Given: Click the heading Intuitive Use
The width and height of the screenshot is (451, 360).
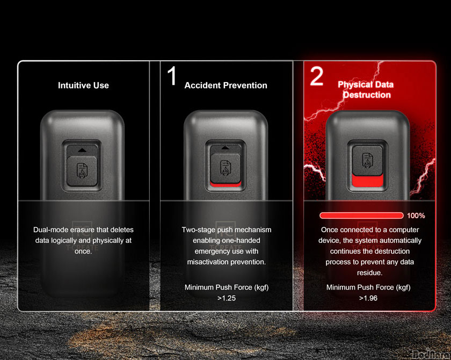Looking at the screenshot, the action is (83, 85).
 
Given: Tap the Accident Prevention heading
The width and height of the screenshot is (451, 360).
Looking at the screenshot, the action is (226, 85).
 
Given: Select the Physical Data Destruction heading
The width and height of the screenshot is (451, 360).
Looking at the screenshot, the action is (366, 90).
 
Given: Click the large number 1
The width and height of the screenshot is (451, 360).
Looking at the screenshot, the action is (172, 76).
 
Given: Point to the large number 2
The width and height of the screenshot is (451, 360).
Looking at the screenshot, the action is (317, 76).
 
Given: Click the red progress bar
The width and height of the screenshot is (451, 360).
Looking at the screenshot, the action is (361, 215).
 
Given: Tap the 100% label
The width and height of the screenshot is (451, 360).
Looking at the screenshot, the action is (416, 215).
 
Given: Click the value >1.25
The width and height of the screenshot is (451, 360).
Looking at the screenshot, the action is (227, 298).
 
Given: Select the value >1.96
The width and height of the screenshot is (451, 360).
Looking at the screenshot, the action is (368, 298).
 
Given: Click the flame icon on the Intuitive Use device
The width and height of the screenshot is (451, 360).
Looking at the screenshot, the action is (82, 171).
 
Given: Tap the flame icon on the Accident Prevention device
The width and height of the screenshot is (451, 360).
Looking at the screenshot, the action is (225, 168).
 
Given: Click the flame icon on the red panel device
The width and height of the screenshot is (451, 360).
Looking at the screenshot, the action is (367, 161).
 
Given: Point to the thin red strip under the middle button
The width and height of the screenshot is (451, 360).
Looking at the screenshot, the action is (226, 184).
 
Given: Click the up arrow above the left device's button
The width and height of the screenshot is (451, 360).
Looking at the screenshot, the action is (82, 150).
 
